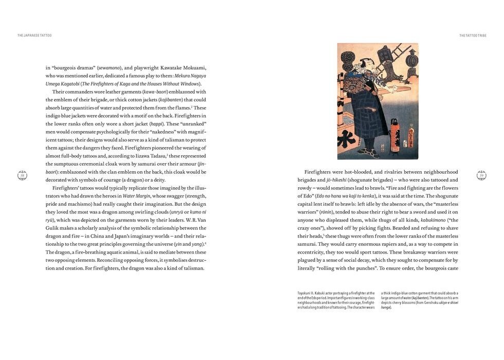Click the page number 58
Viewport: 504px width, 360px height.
tap(22, 175)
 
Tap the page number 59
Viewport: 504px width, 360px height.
tap(481, 175)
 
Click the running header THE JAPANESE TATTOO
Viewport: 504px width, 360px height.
tap(34, 35)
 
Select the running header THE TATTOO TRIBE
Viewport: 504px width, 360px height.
tap(473, 35)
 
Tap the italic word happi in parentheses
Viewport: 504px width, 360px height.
tap(156, 124)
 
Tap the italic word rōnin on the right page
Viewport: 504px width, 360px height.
tap(326, 212)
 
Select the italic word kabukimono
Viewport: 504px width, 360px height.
tap(435, 220)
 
